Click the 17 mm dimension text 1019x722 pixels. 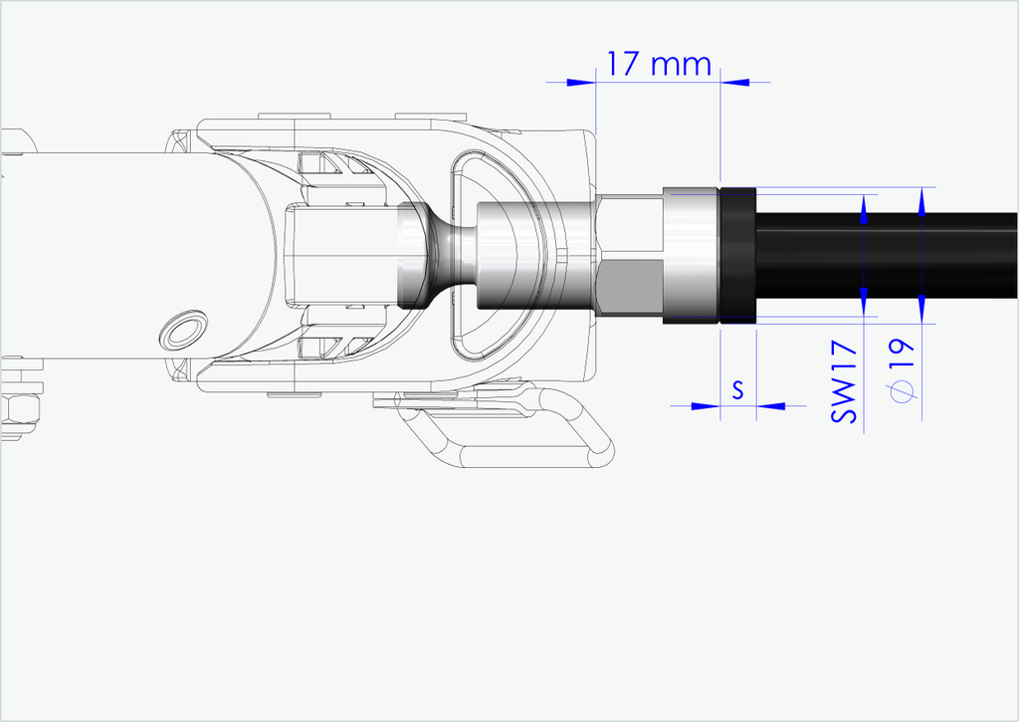[x=659, y=64]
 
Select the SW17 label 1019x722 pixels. [x=844, y=381]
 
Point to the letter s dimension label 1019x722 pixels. [x=737, y=389]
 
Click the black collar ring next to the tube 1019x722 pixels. [x=737, y=256]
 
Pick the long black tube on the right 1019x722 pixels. [x=887, y=256]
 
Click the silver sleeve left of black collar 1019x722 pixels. [x=692, y=256]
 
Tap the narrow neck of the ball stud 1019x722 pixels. [x=453, y=256]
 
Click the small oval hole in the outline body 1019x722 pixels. [x=184, y=329]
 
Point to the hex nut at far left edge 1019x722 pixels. [x=20, y=413]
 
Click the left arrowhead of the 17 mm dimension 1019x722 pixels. [x=581, y=83]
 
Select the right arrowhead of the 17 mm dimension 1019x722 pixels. [x=735, y=83]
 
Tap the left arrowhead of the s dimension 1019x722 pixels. [x=706, y=406]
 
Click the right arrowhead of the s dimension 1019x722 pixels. [x=771, y=406]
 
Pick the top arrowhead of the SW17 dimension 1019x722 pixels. [x=864, y=209]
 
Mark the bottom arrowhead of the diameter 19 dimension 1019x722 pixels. [x=922, y=309]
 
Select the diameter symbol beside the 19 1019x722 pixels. [x=902, y=390]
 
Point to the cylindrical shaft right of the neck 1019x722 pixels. [x=536, y=256]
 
